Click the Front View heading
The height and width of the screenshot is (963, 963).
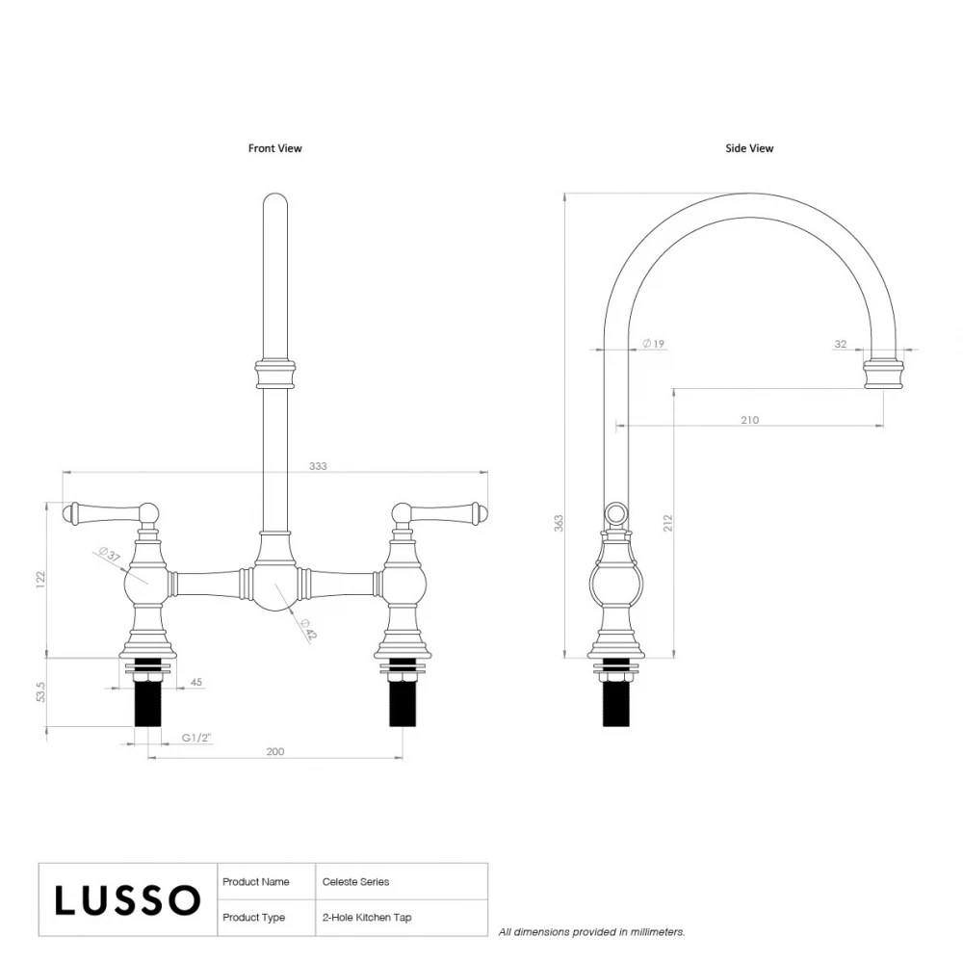(x=274, y=148)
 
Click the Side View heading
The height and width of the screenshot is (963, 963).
(x=749, y=148)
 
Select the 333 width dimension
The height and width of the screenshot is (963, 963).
(x=319, y=466)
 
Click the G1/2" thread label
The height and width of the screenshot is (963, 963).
(x=196, y=739)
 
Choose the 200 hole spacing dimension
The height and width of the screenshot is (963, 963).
(x=275, y=752)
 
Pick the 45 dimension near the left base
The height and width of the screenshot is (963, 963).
(x=196, y=683)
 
